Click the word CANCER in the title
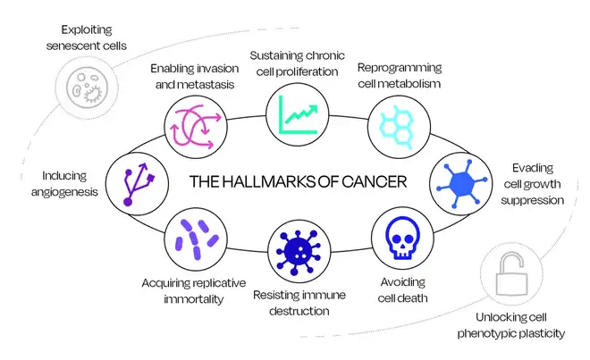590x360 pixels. (x=371, y=181)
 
